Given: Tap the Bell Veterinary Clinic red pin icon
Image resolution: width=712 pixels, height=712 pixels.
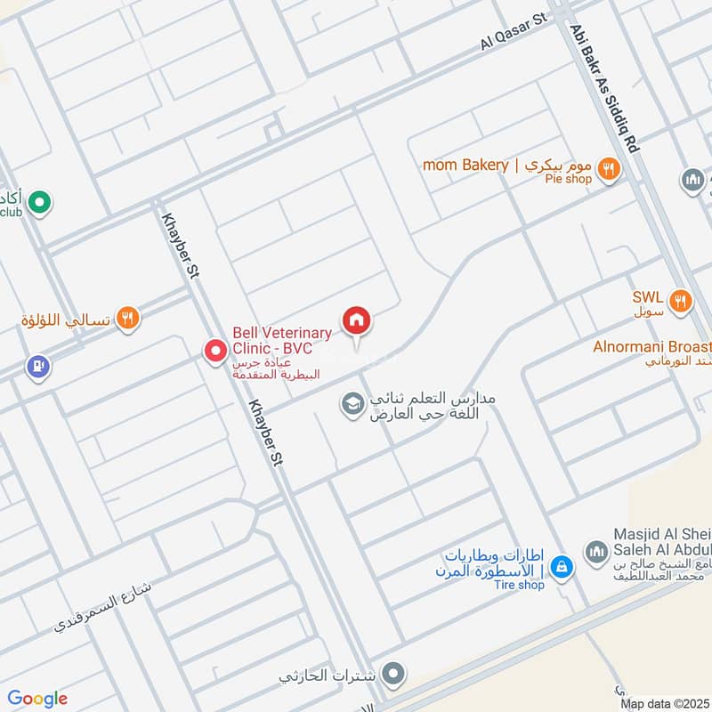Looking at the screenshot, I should (x=214, y=352).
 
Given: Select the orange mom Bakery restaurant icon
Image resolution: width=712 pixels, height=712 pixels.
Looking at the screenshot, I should (x=609, y=166).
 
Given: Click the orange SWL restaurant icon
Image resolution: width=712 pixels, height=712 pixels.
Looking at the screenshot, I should (x=682, y=301).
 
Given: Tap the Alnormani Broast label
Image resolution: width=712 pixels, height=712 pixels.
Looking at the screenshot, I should (x=652, y=346).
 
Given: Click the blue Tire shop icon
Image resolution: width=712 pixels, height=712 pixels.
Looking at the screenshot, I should (x=561, y=565).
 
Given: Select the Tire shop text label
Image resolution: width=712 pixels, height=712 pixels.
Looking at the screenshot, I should (x=520, y=585).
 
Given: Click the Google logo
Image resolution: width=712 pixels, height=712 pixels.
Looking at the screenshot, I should (x=37, y=698).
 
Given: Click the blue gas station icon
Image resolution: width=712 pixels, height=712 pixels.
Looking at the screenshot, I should (x=37, y=366).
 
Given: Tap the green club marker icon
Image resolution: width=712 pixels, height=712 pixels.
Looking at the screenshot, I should (x=38, y=204).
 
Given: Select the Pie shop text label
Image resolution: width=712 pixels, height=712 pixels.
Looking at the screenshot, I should (x=569, y=179).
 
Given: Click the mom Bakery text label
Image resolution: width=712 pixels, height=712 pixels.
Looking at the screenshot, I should (x=465, y=165).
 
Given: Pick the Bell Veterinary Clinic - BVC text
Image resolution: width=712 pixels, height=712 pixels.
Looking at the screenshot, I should (x=282, y=340).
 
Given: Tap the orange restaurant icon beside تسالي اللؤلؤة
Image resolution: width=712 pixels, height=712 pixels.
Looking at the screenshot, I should (x=128, y=318).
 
